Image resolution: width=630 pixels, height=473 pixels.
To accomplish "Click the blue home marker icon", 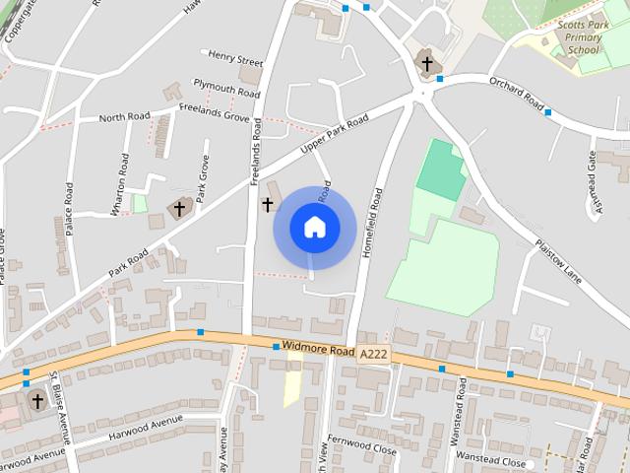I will (314, 227).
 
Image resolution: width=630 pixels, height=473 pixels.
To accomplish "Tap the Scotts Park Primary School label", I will (578, 37).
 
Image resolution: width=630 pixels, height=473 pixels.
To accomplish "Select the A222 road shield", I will (373, 353).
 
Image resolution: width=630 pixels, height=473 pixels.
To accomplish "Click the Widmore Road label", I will (316, 348).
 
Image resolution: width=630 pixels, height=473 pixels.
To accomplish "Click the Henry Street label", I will (230, 58).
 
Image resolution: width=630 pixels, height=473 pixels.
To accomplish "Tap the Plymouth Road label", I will (226, 88).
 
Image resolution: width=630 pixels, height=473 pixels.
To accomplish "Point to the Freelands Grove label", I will (217, 115).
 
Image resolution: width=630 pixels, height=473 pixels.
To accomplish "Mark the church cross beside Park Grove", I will (180, 208).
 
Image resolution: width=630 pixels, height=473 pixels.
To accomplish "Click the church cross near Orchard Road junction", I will (426, 64).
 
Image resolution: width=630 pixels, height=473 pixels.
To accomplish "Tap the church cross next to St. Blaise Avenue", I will (37, 400).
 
